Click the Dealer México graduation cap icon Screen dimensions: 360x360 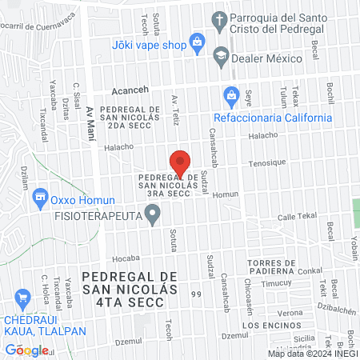(x=220, y=57)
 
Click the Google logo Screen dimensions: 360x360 (x=26, y=350)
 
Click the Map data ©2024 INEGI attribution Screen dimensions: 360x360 (x=312, y=353)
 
